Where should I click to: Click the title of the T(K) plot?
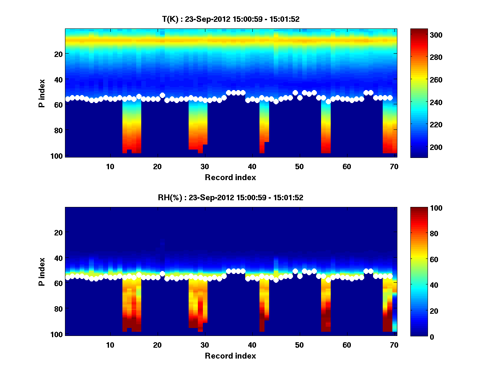pos(231,19)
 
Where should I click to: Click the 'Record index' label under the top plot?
pos(230,177)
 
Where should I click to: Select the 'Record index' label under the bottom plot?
pos(230,356)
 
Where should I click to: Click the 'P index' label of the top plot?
pos(42,92)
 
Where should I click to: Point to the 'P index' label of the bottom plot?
pos(42,271)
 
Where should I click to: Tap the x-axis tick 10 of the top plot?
pos(110,166)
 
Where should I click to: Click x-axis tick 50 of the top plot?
pos(299,166)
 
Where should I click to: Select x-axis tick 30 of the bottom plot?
pos(205,345)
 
